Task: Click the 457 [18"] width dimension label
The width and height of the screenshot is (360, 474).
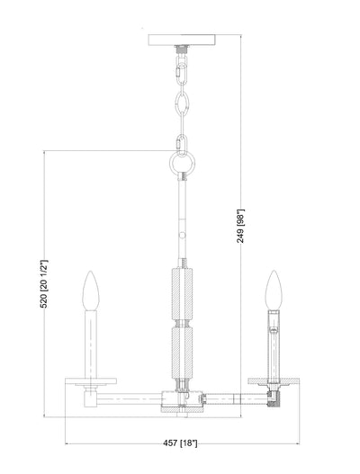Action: pos(180,443)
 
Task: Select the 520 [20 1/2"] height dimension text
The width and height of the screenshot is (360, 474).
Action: pos(44,283)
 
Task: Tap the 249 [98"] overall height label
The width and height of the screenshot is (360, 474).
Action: pos(240,226)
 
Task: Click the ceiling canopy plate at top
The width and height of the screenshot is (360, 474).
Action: pos(182,40)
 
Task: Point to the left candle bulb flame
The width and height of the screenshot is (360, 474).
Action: pos(91,291)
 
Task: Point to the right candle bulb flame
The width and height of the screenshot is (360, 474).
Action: pos(274,290)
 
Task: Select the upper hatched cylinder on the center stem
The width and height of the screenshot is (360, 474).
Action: pos(182,294)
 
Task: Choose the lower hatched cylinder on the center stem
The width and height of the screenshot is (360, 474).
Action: pos(182,353)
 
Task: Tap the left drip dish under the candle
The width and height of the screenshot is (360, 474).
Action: pos(91,380)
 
